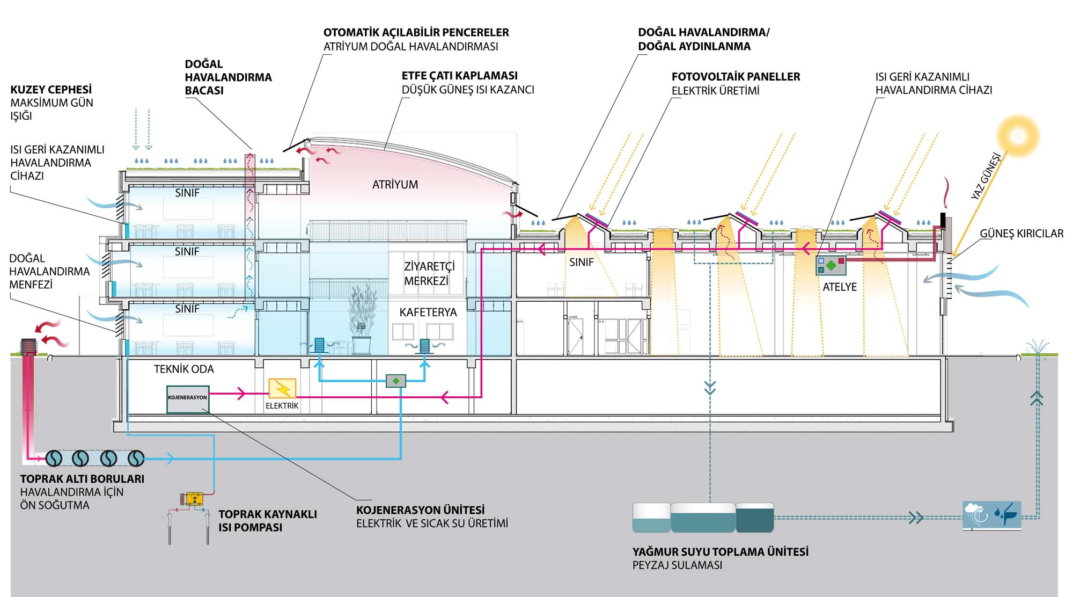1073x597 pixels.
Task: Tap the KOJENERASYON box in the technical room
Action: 187,399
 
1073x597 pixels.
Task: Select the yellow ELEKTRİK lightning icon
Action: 282,389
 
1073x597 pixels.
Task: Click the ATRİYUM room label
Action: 395,185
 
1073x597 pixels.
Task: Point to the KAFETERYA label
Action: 428,312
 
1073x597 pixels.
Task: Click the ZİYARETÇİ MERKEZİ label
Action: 428,273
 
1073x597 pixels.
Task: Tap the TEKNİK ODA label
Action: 183,369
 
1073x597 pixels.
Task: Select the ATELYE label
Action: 840,287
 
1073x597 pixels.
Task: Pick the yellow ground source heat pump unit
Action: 194,499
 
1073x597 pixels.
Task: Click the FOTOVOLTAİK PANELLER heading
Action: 736,77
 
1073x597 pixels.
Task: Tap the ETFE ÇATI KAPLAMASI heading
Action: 460,76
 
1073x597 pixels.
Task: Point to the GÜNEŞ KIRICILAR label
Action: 1021,234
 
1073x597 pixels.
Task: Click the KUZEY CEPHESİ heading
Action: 51,90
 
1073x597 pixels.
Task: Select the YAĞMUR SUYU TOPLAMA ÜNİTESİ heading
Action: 720,551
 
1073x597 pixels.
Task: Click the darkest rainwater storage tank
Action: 754,518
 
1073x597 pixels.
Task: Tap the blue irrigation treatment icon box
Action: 992,516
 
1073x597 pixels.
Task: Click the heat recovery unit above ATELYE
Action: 831,265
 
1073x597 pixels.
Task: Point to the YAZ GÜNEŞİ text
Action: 986,177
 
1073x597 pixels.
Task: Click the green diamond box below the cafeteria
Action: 396,381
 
